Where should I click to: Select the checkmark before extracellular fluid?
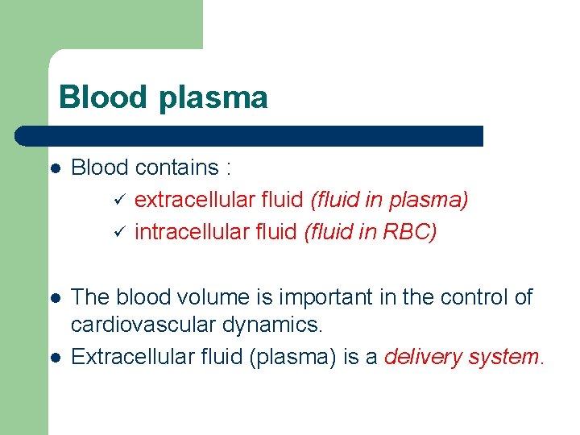(x=118, y=200)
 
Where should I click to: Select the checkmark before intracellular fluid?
(x=118, y=233)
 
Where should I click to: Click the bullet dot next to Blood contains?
(x=55, y=169)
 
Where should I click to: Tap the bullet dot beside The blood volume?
(x=55, y=299)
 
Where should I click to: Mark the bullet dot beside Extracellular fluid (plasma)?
(x=55, y=358)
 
